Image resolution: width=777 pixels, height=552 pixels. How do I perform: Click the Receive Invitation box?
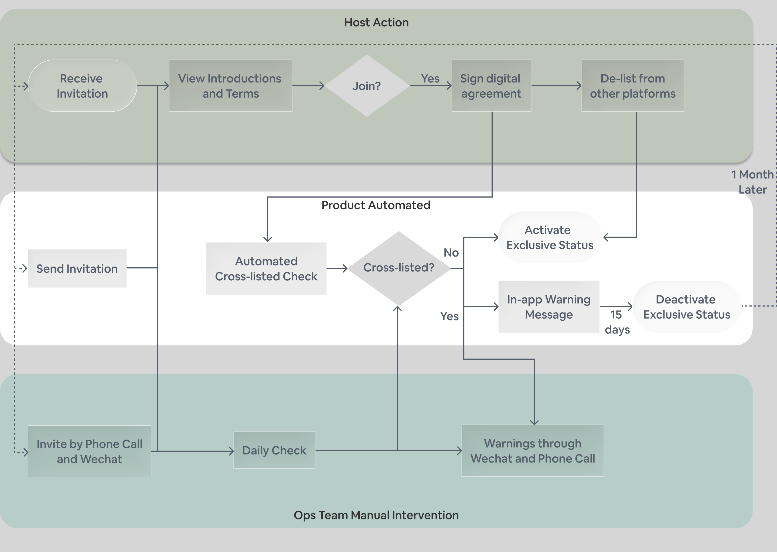pos(82,86)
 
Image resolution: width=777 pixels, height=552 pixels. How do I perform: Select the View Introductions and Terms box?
pos(231,86)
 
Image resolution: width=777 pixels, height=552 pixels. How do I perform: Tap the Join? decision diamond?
pos(367,86)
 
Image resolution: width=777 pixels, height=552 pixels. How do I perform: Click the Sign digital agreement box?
pos(491,86)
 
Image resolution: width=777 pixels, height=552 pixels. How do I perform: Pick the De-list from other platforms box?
pos(632,86)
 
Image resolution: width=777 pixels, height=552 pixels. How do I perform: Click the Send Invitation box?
pos(77,268)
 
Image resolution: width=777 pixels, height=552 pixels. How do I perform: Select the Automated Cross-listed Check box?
pos(266,268)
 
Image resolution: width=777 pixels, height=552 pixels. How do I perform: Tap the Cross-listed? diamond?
pos(399,268)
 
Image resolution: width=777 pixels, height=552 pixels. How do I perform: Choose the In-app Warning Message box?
pos(549,306)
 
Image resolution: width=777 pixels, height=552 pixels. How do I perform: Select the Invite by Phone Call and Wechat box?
pos(90,451)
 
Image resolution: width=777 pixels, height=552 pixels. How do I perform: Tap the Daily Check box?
pos(274,450)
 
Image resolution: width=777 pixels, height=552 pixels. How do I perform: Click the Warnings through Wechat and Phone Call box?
pos(532,451)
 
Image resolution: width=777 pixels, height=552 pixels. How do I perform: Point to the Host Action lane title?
pos(376,22)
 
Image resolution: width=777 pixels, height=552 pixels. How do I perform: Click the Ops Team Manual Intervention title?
pos(376,515)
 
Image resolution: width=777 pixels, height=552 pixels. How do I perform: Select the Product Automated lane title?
pos(376,205)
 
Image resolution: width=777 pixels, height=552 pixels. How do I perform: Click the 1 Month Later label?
pos(752,182)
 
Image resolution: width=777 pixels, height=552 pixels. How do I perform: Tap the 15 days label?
pos(617,322)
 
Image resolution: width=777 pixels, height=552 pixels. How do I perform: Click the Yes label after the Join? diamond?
pos(430,78)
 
